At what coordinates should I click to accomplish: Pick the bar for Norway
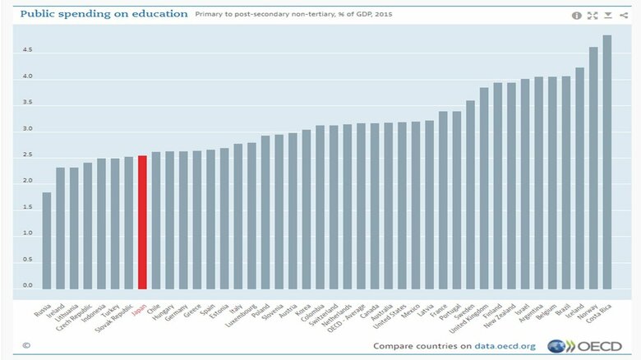tap(593, 168)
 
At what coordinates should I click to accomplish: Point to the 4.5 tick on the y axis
tap(28, 50)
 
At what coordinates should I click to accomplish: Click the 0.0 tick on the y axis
tap(28, 285)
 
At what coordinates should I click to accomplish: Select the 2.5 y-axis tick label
tap(28, 155)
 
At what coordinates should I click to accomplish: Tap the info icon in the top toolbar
tap(577, 15)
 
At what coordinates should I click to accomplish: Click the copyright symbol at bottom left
tap(26, 346)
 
